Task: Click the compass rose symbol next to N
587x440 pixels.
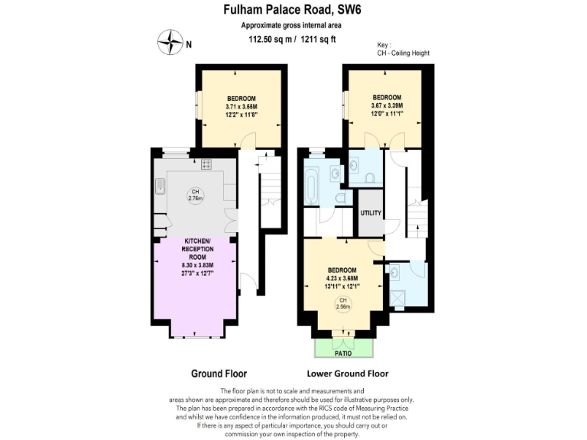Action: (x=170, y=43)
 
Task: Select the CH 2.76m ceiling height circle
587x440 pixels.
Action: (x=196, y=195)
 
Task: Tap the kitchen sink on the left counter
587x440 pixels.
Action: (x=161, y=184)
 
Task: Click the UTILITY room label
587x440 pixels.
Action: (x=371, y=213)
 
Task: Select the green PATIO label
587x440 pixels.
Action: (x=343, y=354)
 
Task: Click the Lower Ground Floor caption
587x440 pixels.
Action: (x=347, y=374)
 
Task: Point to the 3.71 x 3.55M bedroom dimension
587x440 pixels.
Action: (x=241, y=107)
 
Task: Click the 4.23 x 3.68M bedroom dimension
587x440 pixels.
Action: (x=342, y=279)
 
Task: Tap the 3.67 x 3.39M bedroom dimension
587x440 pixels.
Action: (x=387, y=105)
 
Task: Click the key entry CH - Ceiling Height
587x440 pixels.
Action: (x=404, y=53)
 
